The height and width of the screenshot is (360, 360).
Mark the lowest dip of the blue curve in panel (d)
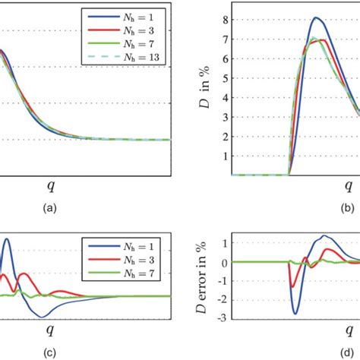[296, 334]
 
